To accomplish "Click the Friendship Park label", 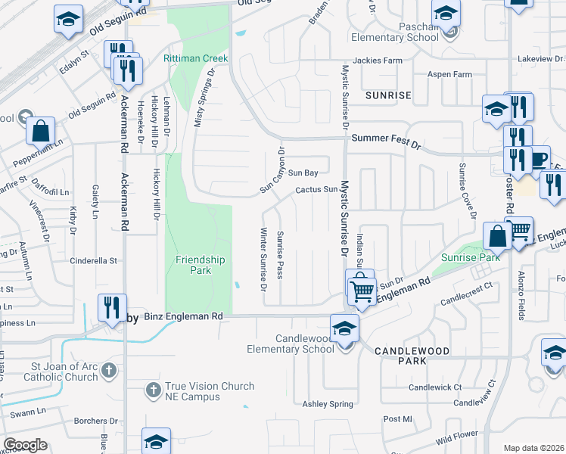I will tap(201, 265).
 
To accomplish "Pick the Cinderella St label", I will tap(94, 260).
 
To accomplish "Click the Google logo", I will tap(25, 445).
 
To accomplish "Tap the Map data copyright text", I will tap(533, 447).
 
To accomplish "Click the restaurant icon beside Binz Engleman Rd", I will tap(111, 307).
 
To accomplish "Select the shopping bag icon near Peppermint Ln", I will tap(40, 132).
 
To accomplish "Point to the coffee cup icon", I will tap(539, 160).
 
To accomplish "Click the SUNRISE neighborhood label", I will tap(387, 95).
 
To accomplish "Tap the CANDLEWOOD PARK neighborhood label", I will tap(412, 357).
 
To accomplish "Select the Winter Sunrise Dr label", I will tap(264, 259).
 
